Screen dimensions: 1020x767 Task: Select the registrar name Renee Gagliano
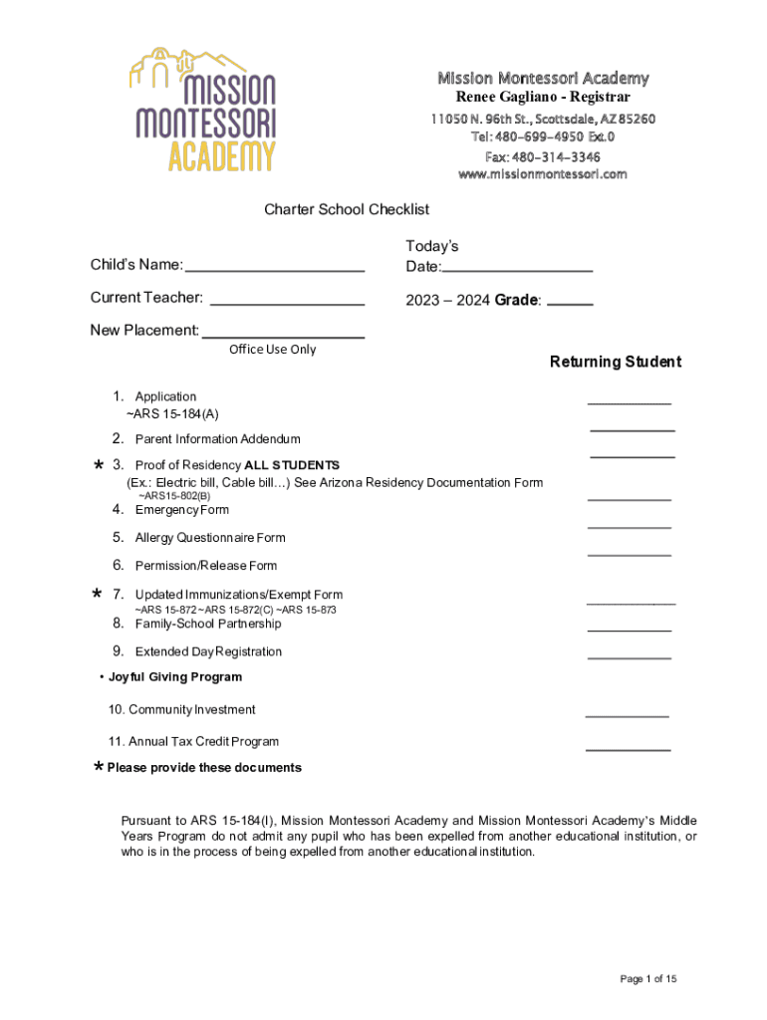[x=543, y=97]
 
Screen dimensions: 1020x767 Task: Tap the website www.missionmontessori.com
[x=543, y=173]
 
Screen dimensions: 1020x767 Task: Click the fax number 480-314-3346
[x=543, y=156]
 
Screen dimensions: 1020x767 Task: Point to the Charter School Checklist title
[x=346, y=209]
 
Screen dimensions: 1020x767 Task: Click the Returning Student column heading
[x=615, y=362]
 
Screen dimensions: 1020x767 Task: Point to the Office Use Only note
[x=272, y=350]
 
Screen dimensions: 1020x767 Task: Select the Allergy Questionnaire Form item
[x=210, y=538]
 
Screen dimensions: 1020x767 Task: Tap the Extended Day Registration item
[x=208, y=651]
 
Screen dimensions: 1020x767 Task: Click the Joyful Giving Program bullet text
[x=174, y=677]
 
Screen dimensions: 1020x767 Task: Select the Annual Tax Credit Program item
[x=193, y=741]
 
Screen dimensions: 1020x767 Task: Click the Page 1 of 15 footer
[x=647, y=979]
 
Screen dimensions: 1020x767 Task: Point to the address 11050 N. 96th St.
[x=543, y=120]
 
